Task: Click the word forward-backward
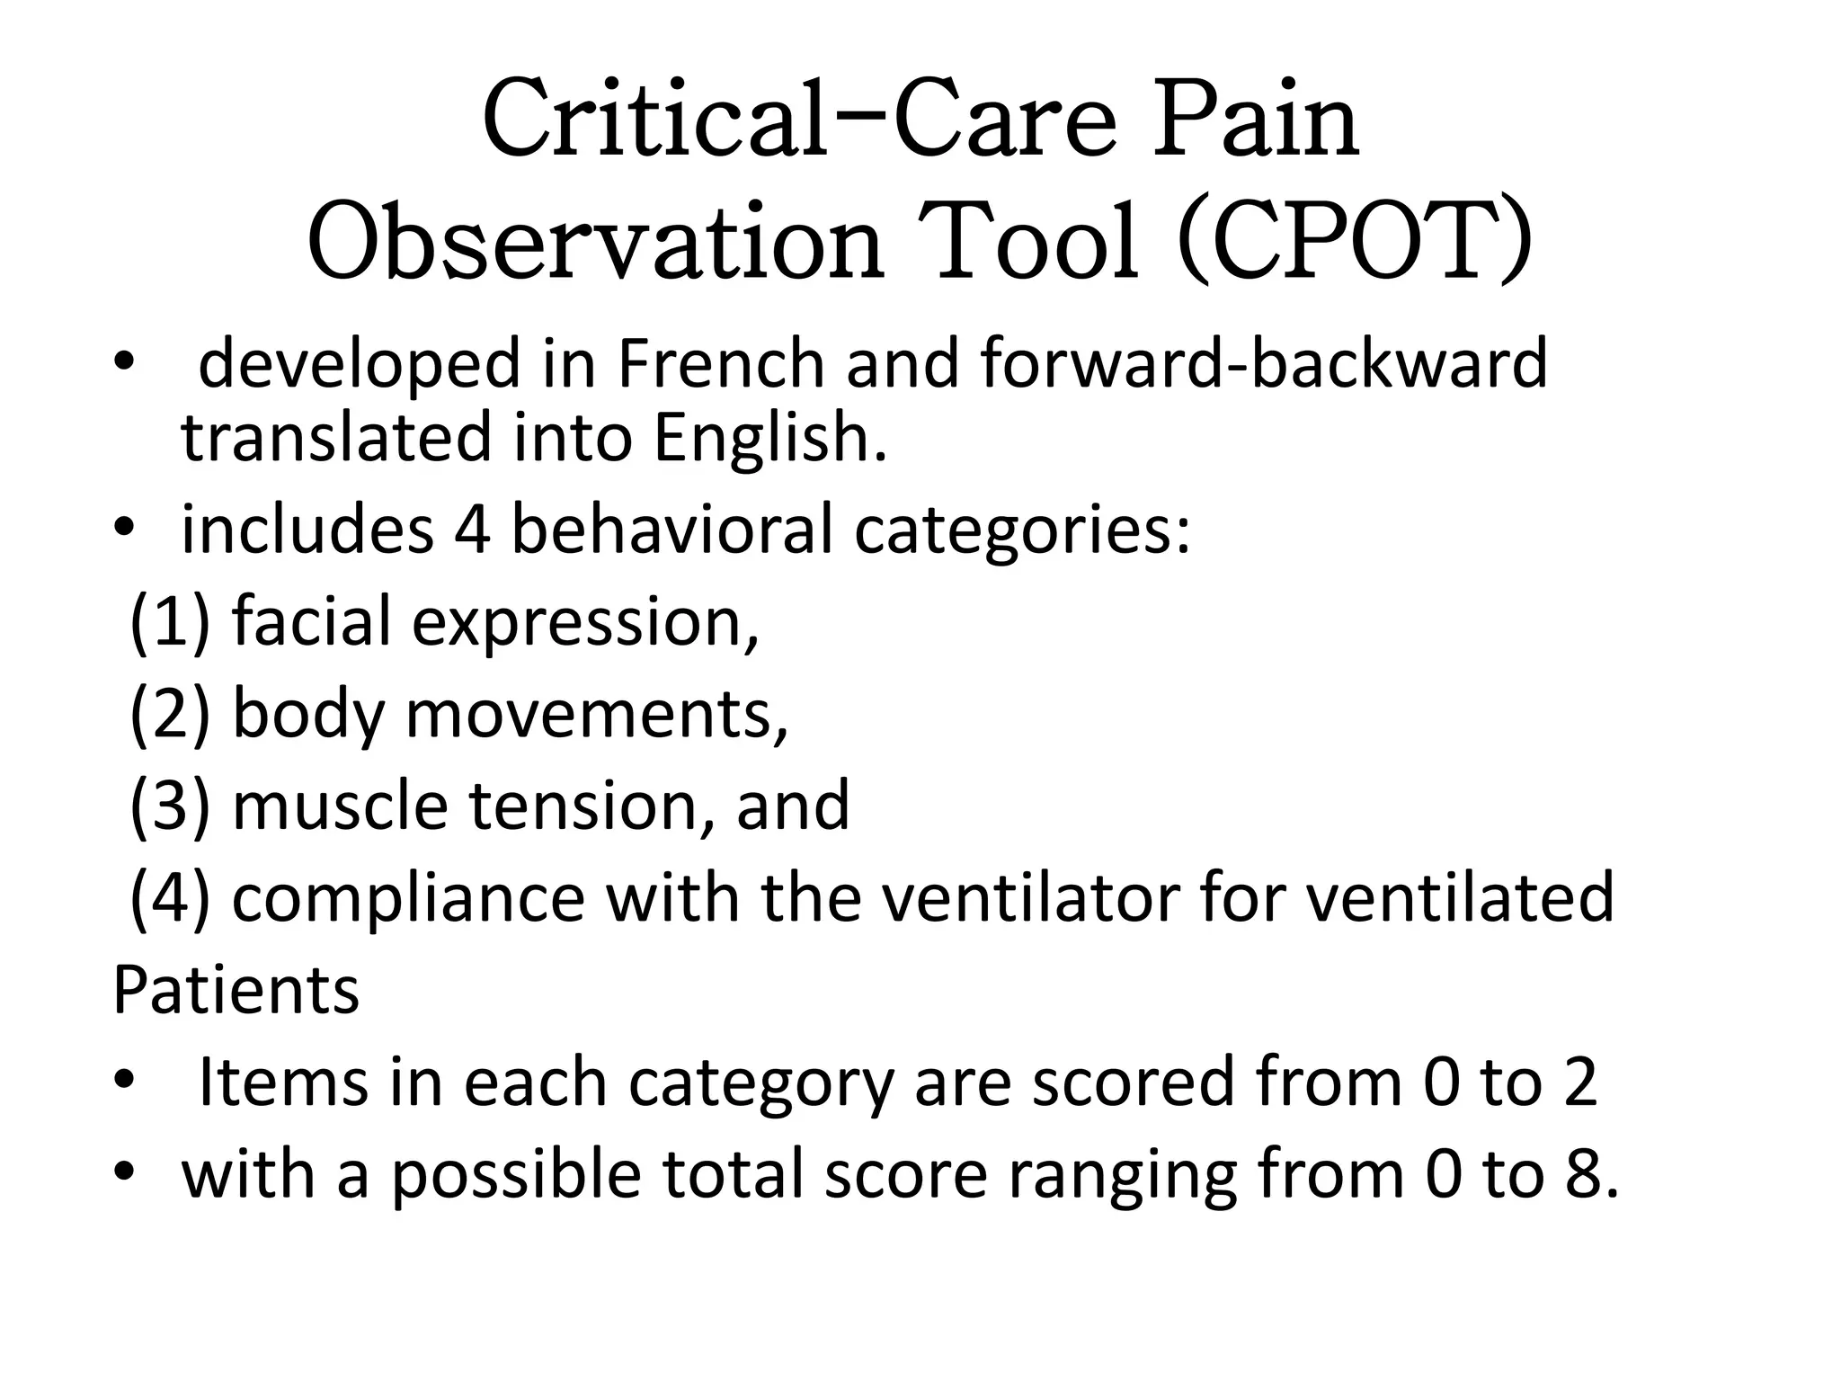click(x=1264, y=363)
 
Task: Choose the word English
click(x=769, y=438)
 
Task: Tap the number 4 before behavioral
click(x=472, y=530)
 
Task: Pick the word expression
click(x=584, y=623)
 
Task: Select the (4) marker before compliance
click(x=169, y=897)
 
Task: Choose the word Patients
click(x=236, y=990)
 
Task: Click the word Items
click(x=283, y=1082)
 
